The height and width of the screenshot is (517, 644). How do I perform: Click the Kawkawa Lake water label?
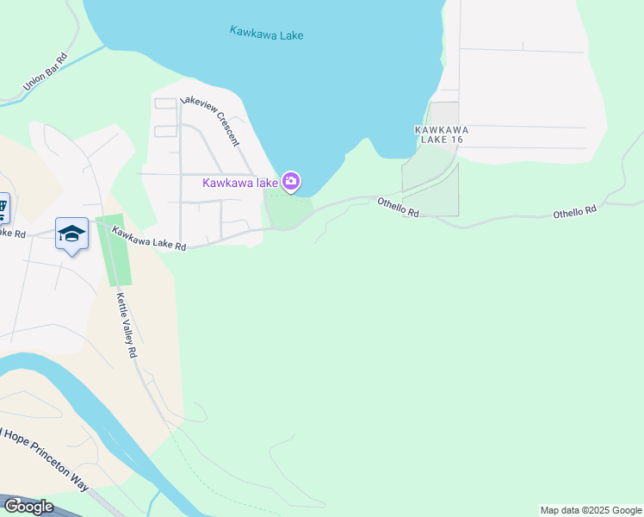point(267,34)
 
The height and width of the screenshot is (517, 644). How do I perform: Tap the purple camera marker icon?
point(291,181)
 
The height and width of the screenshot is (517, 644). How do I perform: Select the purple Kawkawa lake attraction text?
point(240,183)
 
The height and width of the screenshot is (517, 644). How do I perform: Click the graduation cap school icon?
point(72,234)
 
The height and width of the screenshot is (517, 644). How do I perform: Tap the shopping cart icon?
point(3,208)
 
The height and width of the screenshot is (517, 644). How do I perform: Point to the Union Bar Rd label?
point(46,72)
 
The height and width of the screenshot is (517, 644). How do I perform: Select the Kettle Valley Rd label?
point(127,327)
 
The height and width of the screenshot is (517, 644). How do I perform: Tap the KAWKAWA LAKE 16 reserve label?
point(439,134)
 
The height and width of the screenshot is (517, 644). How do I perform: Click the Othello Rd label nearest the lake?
point(398,207)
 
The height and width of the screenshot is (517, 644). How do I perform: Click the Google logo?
point(28,506)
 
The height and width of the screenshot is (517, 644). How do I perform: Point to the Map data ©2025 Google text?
point(591,510)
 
